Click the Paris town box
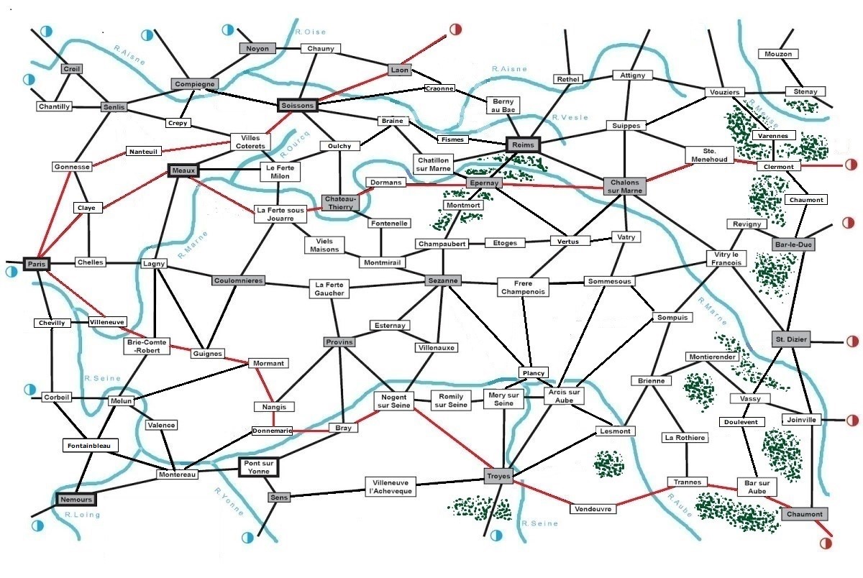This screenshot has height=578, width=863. click(x=37, y=264)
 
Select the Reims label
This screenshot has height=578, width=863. click(x=523, y=144)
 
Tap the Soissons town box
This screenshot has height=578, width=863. click(x=298, y=105)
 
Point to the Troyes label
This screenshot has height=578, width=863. click(x=498, y=476)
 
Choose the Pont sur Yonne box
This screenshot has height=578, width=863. click(x=258, y=467)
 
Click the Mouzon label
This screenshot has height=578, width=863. click(x=778, y=54)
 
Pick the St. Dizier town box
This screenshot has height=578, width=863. click(x=791, y=339)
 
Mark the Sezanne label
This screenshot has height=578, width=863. click(x=443, y=280)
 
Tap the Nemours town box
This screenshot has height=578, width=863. click(x=76, y=500)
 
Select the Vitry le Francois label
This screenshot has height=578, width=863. click(x=726, y=258)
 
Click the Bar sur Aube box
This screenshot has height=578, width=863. click(x=757, y=487)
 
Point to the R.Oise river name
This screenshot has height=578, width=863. click(x=311, y=32)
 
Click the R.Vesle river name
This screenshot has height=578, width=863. click(x=570, y=117)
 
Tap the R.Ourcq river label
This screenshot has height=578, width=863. click(x=295, y=144)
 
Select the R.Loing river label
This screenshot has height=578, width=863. click(x=83, y=515)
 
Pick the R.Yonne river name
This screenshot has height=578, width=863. click(x=229, y=501)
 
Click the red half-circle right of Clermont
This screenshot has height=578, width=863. click(x=851, y=165)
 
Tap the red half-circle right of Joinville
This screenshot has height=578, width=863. click(x=851, y=420)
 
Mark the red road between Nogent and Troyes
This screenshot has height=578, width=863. click(x=453, y=439)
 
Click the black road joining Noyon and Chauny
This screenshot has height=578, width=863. click(x=288, y=48)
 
